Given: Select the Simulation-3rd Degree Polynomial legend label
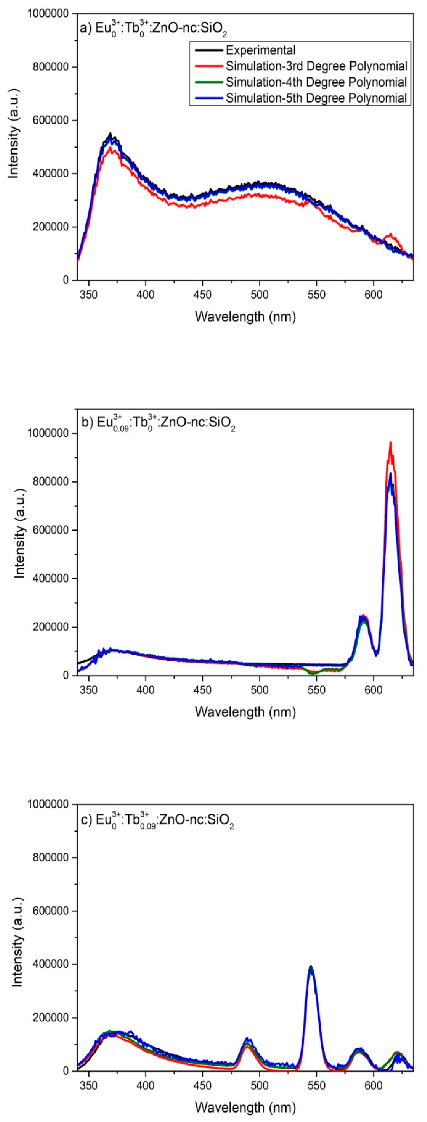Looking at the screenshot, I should click(x=316, y=66).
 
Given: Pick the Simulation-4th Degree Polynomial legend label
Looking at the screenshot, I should click(x=316, y=82).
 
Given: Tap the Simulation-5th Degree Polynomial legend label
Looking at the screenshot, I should click(x=316, y=98).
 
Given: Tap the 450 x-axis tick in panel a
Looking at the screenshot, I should click(x=203, y=295).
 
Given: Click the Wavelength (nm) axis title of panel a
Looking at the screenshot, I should click(x=245, y=317).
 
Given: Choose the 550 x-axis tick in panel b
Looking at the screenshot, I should click(x=316, y=690).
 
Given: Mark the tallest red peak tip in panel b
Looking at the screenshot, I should click(x=390, y=443).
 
